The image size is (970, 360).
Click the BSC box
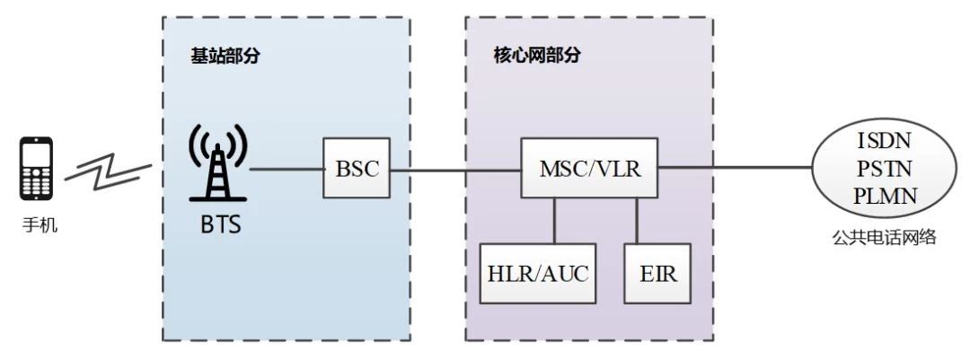357,169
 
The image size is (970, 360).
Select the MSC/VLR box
589,168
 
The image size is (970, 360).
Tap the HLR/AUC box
537,273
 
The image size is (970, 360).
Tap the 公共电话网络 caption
885,237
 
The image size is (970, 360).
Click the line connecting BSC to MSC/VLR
456,169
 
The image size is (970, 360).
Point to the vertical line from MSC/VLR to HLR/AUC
554,221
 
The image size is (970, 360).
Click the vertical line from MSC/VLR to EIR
637,221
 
